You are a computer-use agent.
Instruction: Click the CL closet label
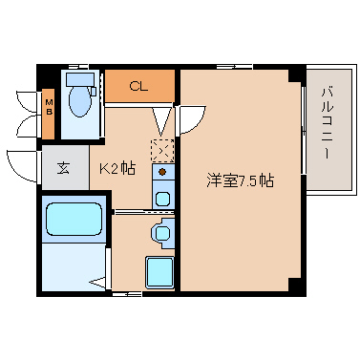138,86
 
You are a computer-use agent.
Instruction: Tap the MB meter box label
49,107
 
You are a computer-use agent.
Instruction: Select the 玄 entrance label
63,168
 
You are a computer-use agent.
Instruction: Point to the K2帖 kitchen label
117,168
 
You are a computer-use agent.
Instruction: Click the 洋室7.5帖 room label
240,180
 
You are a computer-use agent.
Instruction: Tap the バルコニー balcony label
328,123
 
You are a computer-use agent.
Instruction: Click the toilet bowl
79,101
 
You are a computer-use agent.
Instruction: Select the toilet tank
80,79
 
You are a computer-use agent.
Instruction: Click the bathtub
74,219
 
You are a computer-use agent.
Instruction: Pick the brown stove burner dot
162,172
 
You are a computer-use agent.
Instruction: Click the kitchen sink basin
162,199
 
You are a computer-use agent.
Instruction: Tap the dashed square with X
162,151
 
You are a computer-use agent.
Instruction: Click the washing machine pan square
159,272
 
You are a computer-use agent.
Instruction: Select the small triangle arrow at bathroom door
97,282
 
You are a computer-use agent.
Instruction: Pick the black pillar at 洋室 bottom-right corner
295,285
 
